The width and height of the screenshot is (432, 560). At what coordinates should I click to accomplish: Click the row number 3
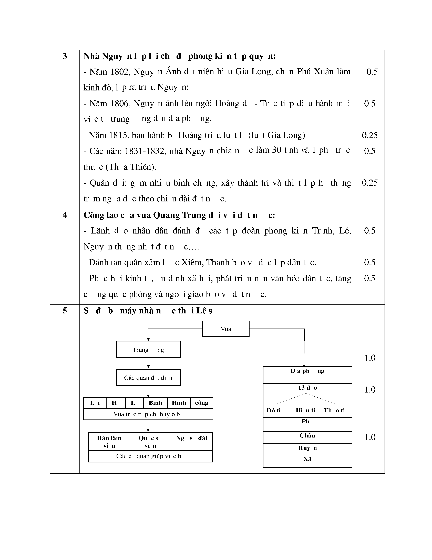[65, 56]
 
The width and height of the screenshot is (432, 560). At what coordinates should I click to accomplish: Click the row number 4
[65, 215]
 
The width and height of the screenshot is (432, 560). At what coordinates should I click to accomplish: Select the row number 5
[65, 311]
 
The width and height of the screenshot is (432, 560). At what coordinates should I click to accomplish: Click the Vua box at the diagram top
[225, 329]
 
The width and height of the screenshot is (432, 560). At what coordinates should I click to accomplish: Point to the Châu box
[307, 436]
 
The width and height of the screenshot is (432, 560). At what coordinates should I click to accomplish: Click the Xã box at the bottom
[307, 459]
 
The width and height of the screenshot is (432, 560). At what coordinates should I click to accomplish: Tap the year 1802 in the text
[120, 72]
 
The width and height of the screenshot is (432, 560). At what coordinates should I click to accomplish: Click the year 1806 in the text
[120, 104]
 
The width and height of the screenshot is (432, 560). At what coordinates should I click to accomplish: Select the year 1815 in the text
[119, 135]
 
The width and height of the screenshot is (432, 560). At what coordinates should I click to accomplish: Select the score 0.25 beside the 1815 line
[369, 135]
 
